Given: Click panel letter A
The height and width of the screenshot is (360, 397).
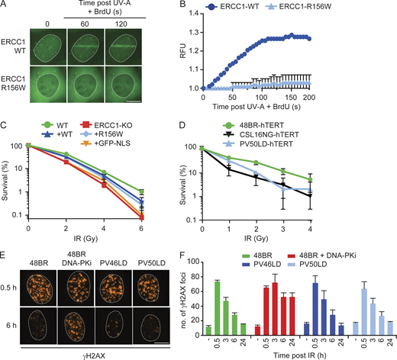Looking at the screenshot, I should [5, 5].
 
